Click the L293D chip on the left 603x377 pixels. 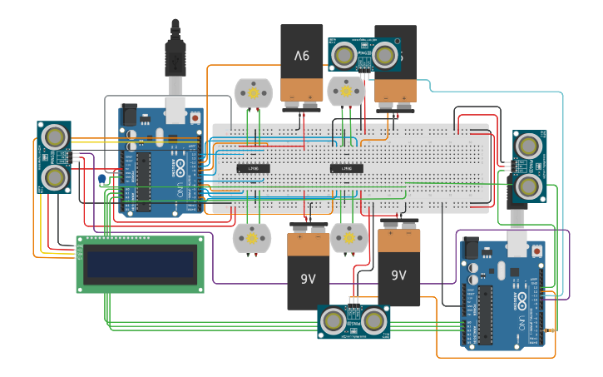pyautogui.click(x=253, y=168)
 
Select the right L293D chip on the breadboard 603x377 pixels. pyautogui.click(x=347, y=168)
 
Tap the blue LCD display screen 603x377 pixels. pyautogui.click(x=141, y=265)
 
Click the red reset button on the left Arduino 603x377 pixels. pyautogui.click(x=195, y=117)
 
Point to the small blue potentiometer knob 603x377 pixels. pyautogui.click(x=102, y=179)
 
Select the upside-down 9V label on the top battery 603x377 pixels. pyautogui.click(x=301, y=56)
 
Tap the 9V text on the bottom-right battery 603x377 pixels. pyautogui.click(x=398, y=275)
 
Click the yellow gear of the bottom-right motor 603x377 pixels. pyautogui.click(x=348, y=239)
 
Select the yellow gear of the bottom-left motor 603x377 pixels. pyautogui.click(x=252, y=239)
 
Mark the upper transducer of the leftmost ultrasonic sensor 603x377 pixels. pyautogui.click(x=55, y=136)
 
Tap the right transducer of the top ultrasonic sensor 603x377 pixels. pyautogui.click(x=384, y=56)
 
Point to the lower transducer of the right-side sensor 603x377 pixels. pyautogui.click(x=527, y=186)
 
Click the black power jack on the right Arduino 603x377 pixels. pyautogui.click(x=471, y=249)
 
